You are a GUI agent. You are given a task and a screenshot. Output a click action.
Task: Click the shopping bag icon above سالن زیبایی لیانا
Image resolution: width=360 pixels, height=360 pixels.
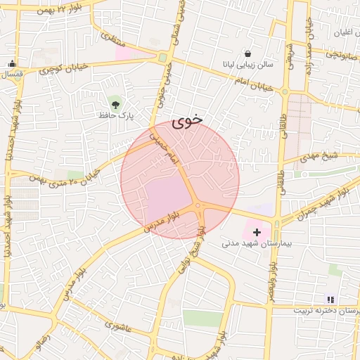247,53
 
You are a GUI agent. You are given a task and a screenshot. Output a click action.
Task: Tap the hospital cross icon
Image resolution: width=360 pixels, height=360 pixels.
257,231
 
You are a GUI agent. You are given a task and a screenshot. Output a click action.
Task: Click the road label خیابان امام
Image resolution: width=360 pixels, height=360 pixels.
252,85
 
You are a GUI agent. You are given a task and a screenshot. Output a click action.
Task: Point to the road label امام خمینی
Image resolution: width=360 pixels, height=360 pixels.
167,150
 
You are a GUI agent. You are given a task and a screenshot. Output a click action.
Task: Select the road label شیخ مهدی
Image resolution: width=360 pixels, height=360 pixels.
325,156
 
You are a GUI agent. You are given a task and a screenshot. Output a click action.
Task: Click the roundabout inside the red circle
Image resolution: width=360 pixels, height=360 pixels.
198,206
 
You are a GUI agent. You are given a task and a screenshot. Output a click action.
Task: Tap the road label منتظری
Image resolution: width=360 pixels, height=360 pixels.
112,38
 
